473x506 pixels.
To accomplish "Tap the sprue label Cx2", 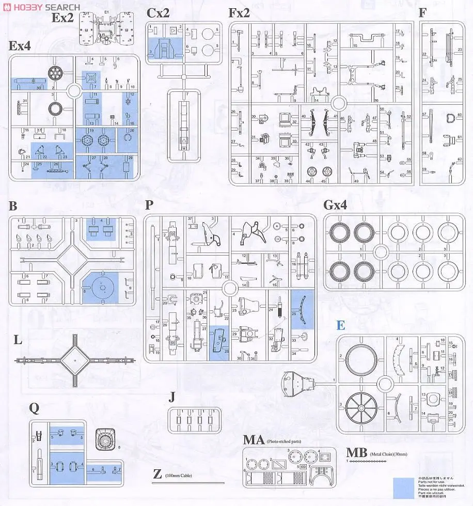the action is tap(158, 13).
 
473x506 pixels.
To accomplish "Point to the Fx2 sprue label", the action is tap(239, 13).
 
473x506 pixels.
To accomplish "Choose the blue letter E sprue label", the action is tap(341, 325).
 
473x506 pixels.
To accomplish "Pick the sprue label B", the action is tap(13, 207).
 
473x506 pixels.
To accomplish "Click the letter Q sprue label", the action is tap(34, 408).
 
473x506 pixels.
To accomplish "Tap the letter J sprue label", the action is tap(172, 397).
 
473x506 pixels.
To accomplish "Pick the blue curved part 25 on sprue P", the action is tap(302, 309).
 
